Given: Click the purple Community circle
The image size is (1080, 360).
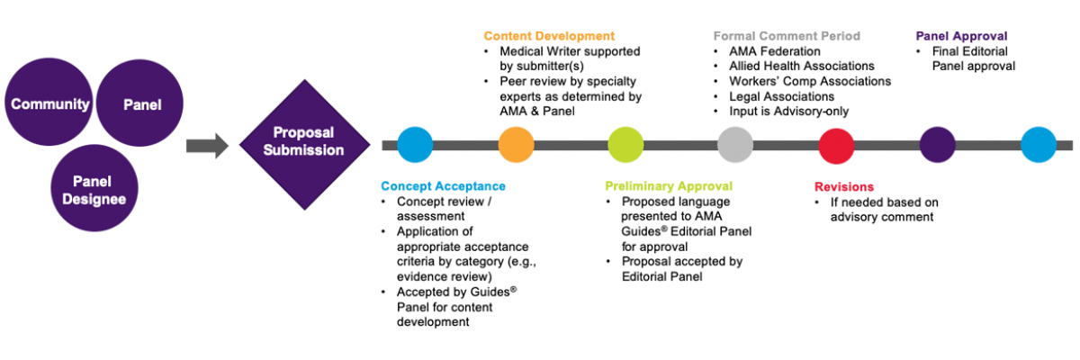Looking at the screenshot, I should (50, 104).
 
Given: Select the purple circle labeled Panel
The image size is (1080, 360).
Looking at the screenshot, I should (140, 104).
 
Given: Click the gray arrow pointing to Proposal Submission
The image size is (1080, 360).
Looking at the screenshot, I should (208, 144).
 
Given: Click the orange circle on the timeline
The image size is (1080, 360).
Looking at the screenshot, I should (517, 144).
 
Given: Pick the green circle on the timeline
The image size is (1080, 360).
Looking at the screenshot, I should (625, 144).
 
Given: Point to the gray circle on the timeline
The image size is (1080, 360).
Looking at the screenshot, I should (735, 144).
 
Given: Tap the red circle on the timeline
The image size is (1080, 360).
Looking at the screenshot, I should (836, 144).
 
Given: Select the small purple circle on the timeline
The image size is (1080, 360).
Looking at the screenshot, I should (938, 144).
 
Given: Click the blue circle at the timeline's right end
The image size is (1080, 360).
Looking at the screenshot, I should (1039, 144).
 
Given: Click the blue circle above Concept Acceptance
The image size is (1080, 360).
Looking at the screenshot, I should (415, 144).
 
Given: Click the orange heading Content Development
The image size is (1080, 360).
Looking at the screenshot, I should (549, 36).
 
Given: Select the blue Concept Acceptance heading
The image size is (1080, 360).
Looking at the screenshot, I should (443, 186).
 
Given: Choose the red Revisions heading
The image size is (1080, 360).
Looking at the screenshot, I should (843, 186).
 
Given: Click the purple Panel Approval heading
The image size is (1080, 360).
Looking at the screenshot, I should (962, 36).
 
